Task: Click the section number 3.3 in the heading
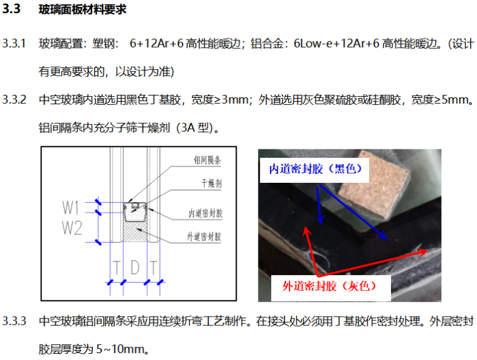coord(11,9)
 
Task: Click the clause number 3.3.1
coord(14,43)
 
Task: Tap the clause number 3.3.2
coord(14,100)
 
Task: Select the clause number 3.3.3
coord(14,321)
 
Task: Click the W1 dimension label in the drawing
coord(70,207)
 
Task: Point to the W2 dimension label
coord(72,227)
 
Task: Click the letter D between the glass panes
coord(135,268)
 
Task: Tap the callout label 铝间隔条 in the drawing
coord(208,160)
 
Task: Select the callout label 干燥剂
coord(212,183)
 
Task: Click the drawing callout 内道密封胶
coord(206,213)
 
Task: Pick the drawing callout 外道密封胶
coord(204,236)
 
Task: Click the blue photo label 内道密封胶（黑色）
coord(316,169)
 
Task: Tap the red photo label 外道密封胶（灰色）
coord(329,286)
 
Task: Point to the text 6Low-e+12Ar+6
coord(336,43)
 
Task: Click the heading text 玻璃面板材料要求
coord(82,9)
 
